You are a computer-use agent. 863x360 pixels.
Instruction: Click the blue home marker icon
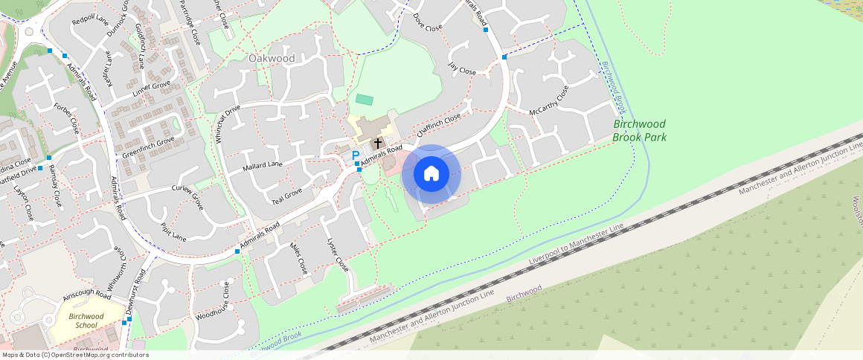pos(431,174)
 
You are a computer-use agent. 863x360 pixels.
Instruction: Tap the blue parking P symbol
pos(355,155)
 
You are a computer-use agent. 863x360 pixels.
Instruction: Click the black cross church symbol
pos(377,142)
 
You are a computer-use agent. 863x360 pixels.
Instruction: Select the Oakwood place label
pos(272,58)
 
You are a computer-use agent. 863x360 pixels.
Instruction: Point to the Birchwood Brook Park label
pos(639,130)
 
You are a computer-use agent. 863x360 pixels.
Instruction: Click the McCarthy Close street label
pos(548,101)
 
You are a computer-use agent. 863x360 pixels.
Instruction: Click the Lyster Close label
pos(338,254)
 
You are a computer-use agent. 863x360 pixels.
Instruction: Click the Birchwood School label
pos(86,321)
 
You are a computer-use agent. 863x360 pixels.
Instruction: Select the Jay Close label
pos(461,68)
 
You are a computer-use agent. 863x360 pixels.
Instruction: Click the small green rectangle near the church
pos(364,99)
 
